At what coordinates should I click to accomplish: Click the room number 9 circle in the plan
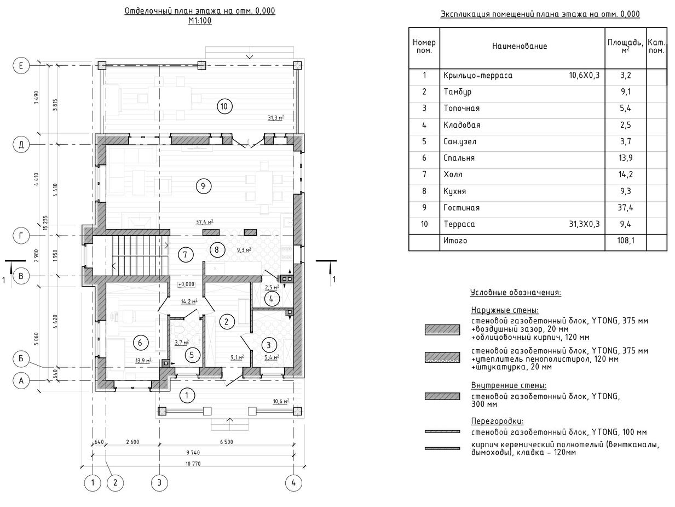203,186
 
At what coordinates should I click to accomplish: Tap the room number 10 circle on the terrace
223,106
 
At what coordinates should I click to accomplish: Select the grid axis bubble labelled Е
21,66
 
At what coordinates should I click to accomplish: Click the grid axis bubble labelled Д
21,145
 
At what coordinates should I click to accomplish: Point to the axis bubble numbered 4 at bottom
293,483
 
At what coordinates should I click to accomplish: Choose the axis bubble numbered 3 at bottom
159,483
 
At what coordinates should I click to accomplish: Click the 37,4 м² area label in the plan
204,222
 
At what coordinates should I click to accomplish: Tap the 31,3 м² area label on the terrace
276,117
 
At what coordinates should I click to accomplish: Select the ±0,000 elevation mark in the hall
186,284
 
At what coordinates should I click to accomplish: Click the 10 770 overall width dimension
193,464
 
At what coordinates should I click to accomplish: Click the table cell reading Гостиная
461,208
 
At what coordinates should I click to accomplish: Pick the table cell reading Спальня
459,158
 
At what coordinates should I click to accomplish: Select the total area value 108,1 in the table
625,241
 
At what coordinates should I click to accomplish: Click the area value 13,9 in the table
626,158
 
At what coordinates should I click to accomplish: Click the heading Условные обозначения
515,293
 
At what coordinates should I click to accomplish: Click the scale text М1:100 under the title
200,21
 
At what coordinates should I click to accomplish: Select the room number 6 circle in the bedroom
140,343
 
